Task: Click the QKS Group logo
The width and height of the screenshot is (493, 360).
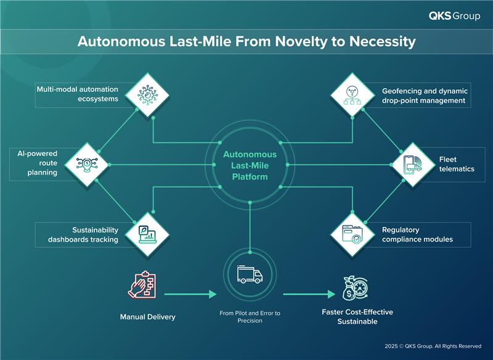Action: tap(455, 16)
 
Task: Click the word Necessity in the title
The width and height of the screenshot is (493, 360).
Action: tap(380, 42)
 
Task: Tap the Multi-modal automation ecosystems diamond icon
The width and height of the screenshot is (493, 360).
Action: tap(148, 94)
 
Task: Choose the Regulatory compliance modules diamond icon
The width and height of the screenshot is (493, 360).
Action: tap(353, 234)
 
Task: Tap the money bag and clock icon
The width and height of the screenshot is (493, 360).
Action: tap(356, 287)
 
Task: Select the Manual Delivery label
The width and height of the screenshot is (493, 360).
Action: tap(148, 317)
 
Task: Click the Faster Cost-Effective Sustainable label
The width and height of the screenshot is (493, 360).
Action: tap(357, 317)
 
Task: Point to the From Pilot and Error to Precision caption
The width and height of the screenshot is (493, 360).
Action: tap(250, 317)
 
